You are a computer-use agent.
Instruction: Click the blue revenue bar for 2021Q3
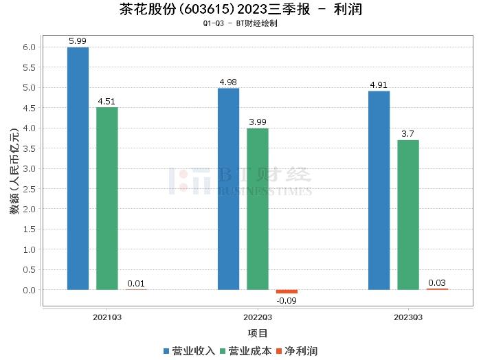[78, 168]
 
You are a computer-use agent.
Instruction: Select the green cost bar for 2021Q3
[107, 199]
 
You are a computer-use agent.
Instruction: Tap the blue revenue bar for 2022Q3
[228, 189]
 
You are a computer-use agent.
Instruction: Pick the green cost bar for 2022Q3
[257, 209]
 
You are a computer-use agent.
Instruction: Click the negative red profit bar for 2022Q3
[287, 291]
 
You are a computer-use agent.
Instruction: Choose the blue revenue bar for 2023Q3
[379, 190]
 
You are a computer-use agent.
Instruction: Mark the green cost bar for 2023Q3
[407, 214]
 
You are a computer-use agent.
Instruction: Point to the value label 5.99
[78, 41]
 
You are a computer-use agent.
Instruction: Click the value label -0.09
[286, 300]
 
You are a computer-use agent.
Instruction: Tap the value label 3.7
[407, 134]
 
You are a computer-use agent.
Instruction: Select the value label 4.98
[228, 82]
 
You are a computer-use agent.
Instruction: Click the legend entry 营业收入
[189, 350]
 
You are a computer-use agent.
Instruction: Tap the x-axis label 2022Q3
[258, 317]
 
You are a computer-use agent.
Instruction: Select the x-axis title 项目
[258, 333]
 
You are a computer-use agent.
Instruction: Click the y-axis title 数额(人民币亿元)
[14, 168]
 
